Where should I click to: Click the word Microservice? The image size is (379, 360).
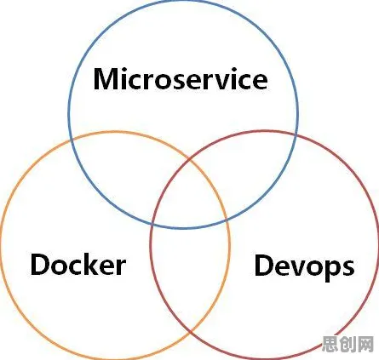coord(181,78)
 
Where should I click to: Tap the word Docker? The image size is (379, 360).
coord(78,265)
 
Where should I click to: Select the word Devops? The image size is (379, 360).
coord(304,267)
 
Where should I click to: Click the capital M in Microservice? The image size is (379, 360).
coord(106,79)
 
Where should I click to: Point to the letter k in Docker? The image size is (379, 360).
coord(94,264)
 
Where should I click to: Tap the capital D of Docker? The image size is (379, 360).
coord(40,265)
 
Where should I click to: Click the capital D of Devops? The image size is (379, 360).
coord(264,265)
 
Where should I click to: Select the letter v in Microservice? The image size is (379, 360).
coord(216,82)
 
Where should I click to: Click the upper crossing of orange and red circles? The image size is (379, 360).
coord(190,157)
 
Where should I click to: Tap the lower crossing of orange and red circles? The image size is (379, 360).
coord(190,331)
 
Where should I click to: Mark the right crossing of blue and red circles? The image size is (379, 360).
coord(296,137)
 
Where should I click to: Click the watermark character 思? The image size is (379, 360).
coord(330,344)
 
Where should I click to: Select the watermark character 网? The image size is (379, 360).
coord(365,344)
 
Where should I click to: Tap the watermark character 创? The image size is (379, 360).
coord(347,344)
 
